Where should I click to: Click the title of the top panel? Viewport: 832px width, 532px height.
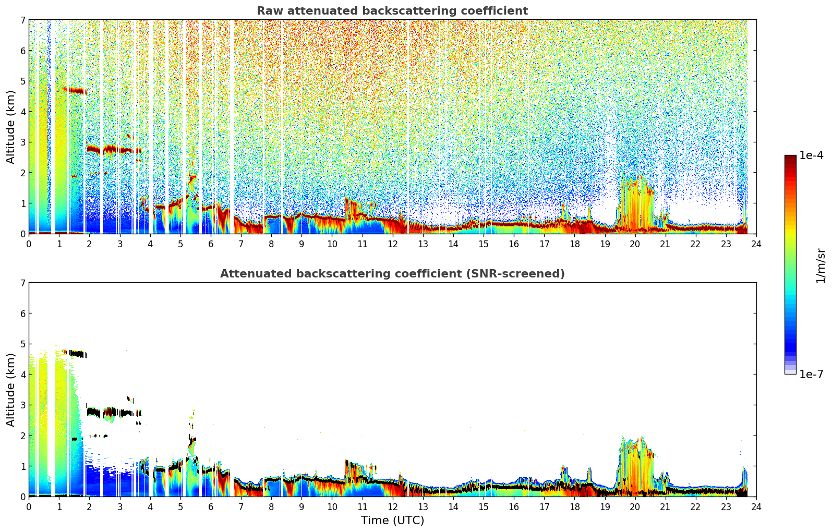coord(392,11)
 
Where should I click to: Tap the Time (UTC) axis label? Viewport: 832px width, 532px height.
coord(392,521)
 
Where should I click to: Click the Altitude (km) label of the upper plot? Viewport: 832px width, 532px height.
coord(10,127)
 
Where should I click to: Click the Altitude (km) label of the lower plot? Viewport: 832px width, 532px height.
coord(10,390)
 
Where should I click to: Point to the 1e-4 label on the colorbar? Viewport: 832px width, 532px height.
coord(811,155)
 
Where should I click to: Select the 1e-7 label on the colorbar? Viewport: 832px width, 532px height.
coord(811,374)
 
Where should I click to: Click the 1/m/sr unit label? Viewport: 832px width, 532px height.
coord(821,267)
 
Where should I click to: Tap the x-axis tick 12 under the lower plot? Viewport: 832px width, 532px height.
coord(393,507)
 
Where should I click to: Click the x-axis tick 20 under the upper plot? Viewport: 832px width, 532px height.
coord(635,244)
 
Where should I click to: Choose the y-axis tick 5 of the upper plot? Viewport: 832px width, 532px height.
coord(22,81)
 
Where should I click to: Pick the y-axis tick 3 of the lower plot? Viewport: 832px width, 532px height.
coord(22,405)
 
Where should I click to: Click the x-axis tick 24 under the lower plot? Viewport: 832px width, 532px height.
coord(756,507)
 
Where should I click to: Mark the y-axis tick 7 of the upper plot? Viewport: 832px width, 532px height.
coord(22,20)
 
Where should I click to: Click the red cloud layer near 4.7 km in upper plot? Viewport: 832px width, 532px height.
coord(75,90)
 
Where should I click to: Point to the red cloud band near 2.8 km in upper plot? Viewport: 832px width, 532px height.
coord(114,150)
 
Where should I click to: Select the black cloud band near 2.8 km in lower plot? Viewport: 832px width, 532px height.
coord(114,413)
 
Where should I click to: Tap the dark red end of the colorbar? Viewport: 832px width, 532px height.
coord(790,158)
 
